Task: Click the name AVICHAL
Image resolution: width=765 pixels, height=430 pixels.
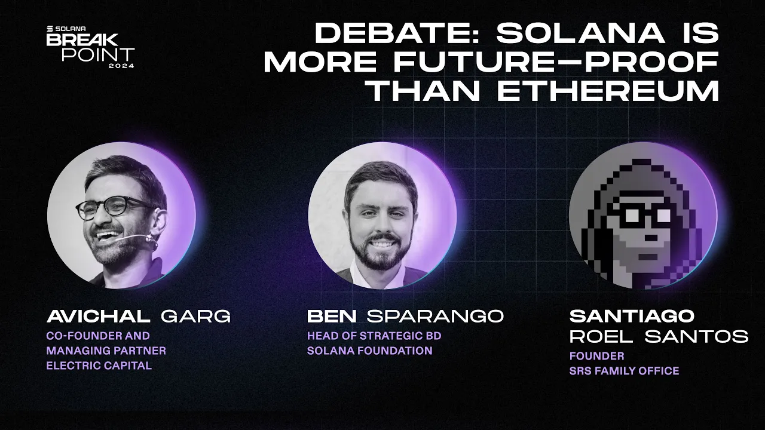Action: pyautogui.click(x=98, y=317)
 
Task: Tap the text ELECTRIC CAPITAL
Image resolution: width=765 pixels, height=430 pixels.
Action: pyautogui.click(x=99, y=365)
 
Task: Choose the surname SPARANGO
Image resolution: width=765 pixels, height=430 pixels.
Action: pyautogui.click(x=434, y=317)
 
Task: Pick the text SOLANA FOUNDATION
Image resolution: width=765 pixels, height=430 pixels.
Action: pyautogui.click(x=369, y=351)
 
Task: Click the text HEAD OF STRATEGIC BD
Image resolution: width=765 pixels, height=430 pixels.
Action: pyautogui.click(x=374, y=336)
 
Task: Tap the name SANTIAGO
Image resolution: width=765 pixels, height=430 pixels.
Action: pyautogui.click(x=632, y=316)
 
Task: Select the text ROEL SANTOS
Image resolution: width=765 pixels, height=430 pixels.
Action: pyautogui.click(x=659, y=336)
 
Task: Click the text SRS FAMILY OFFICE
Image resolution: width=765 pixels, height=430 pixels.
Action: pyautogui.click(x=624, y=371)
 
